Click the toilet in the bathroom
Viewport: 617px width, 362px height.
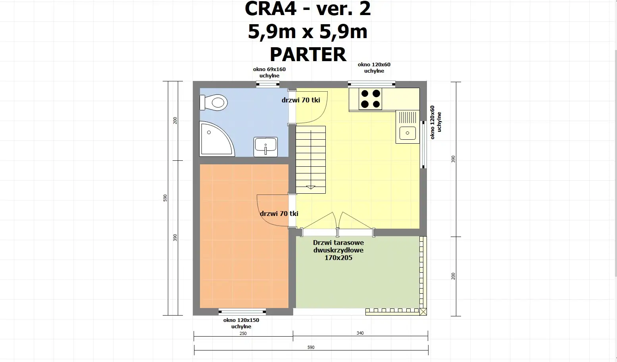point(214,102)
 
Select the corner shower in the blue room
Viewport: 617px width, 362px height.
point(215,139)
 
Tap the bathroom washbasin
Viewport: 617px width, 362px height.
point(265,146)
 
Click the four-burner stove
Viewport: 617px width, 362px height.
point(370,99)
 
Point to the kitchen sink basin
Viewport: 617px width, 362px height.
point(407,133)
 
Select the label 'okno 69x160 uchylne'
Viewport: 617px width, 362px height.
point(269,72)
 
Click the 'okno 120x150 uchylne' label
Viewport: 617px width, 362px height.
point(241,323)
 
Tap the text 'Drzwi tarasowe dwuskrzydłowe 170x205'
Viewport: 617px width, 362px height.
point(338,250)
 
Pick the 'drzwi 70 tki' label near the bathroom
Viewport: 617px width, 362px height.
point(301,100)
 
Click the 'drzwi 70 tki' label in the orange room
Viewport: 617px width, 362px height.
point(279,214)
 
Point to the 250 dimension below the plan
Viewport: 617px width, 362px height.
point(243,333)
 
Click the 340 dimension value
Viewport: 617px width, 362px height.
point(360,333)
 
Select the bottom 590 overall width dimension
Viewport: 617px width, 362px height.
point(311,347)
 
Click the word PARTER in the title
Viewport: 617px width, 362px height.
point(308,54)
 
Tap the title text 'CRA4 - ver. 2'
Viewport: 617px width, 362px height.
point(308,9)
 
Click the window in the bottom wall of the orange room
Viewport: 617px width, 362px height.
point(242,311)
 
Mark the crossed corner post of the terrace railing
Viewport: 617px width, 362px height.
point(423,312)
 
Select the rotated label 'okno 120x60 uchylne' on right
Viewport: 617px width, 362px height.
point(436,122)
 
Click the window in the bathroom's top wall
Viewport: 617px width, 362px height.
point(268,84)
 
